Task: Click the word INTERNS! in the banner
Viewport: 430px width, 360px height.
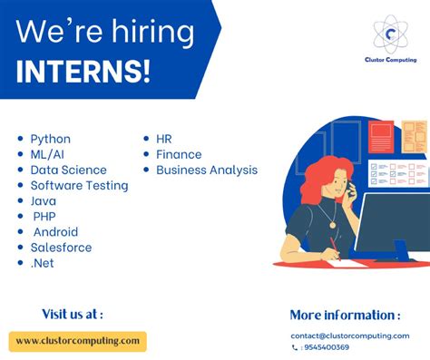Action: pyautogui.click(x=83, y=71)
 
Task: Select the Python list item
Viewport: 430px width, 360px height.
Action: pyautogui.click(x=50, y=139)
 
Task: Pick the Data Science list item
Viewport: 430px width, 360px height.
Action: pyautogui.click(x=68, y=170)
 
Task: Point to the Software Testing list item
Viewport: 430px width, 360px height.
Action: pyautogui.click(x=79, y=185)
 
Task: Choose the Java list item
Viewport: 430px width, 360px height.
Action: pyautogui.click(x=43, y=200)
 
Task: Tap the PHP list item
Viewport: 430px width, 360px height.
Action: pyautogui.click(x=44, y=216)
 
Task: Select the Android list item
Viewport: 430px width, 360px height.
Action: pyautogui.click(x=55, y=231)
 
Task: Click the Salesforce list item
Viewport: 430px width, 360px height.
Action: pyautogui.click(x=61, y=247)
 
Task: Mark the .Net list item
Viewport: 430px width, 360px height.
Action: pyautogui.click(x=42, y=262)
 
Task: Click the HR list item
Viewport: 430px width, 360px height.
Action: pyautogui.click(x=163, y=139)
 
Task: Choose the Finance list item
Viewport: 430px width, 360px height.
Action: pyautogui.click(x=179, y=154)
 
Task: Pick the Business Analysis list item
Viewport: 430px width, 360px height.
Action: pyautogui.click(x=206, y=170)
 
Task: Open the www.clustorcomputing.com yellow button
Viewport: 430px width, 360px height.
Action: pyautogui.click(x=77, y=341)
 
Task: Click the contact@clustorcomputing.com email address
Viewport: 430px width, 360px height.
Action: pyautogui.click(x=349, y=336)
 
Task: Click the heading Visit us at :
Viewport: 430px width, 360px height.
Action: pyautogui.click(x=73, y=314)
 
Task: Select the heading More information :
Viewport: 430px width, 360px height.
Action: pyautogui.click(x=345, y=315)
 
